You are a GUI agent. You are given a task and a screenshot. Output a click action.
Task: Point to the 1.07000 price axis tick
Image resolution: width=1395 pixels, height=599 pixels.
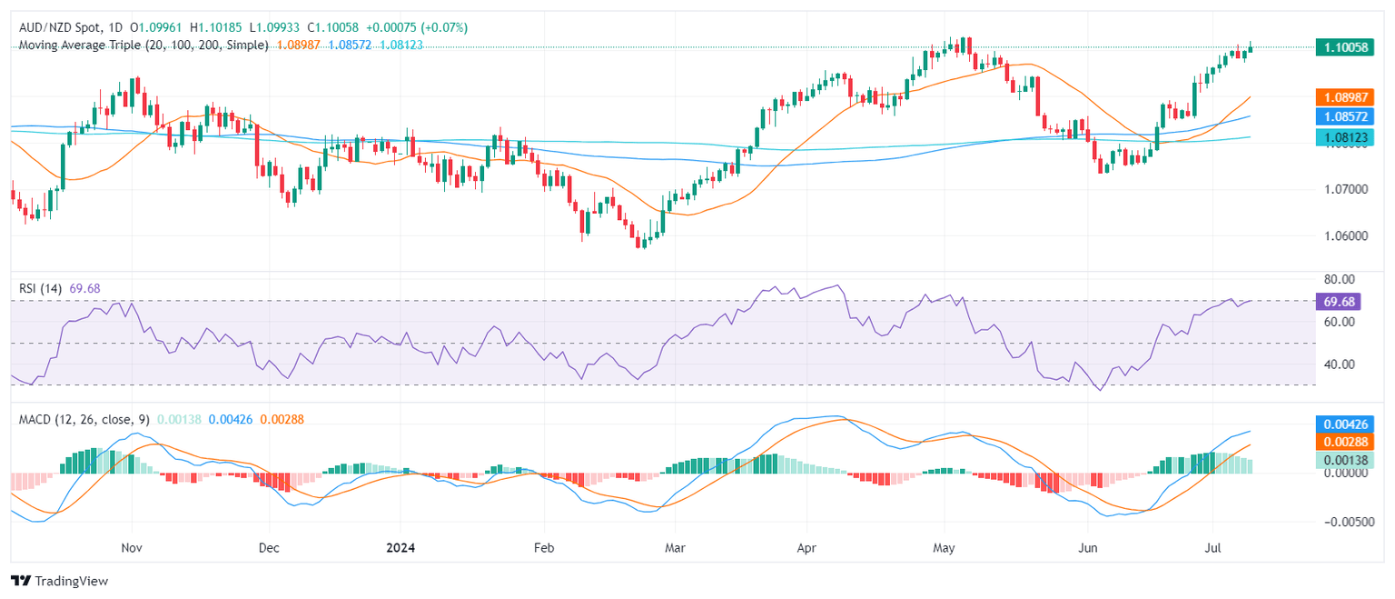click(x=1345, y=189)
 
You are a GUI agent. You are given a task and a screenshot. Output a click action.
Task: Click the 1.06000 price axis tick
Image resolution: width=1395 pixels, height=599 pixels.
click(x=1345, y=236)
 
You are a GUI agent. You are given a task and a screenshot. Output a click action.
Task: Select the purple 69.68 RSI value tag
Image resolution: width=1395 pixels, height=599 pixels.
click(x=1341, y=300)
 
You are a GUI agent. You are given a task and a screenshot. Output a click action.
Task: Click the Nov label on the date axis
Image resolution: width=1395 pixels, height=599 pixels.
click(x=133, y=548)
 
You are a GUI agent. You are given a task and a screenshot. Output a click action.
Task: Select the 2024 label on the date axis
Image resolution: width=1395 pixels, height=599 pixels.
click(x=401, y=548)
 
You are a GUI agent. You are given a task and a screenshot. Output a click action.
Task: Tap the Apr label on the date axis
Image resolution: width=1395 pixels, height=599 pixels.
click(x=806, y=548)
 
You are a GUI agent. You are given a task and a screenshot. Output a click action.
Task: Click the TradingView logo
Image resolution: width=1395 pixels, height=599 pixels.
click(x=59, y=581)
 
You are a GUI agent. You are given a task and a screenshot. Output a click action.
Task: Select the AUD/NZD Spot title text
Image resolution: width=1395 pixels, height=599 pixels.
click(x=60, y=27)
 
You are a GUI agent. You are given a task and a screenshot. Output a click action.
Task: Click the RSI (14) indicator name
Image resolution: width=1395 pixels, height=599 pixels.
click(x=41, y=288)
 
